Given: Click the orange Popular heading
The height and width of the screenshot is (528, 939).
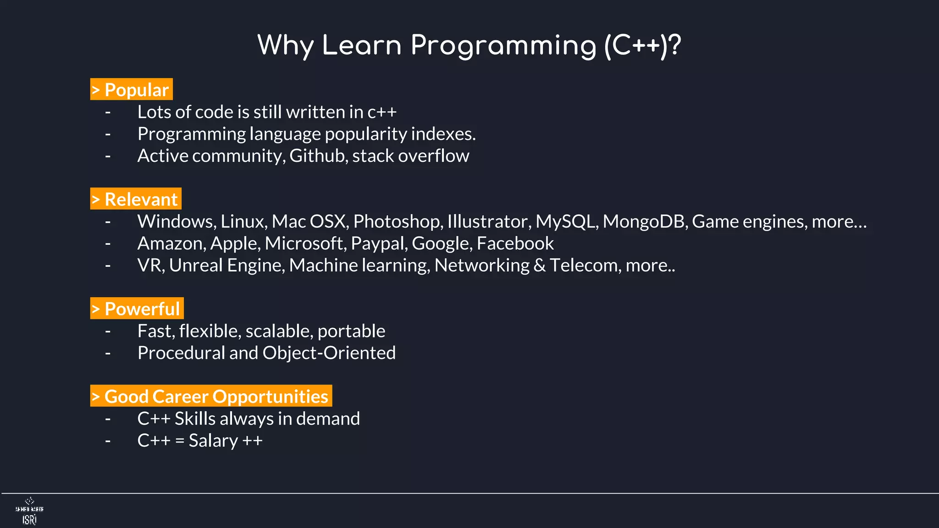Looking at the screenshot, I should (132, 89).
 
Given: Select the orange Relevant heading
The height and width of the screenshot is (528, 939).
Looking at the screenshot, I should (136, 199).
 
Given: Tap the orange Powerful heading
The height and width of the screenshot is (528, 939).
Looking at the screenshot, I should (137, 308).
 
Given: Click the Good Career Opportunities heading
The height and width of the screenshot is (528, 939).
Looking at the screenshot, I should (211, 396).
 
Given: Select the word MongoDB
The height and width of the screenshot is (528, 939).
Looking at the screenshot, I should (645, 221).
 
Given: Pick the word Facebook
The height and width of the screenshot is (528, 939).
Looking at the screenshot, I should (515, 243).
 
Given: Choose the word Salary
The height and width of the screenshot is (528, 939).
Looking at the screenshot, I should (213, 441).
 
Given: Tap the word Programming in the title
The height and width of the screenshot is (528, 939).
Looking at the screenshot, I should (503, 46).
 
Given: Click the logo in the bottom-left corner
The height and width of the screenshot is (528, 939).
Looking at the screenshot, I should (29, 511).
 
